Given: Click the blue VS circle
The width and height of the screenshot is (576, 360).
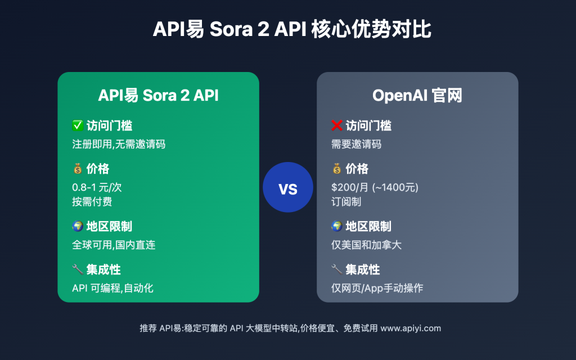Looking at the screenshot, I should pos(288,187).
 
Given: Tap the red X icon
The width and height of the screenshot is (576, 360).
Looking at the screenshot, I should pos(336,125).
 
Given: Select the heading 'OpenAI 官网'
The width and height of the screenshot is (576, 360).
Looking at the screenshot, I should pos(417,96).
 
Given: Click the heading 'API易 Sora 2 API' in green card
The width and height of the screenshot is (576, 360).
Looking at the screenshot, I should pos(158,96).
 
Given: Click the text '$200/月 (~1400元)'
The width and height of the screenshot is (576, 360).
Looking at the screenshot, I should pos(375,188).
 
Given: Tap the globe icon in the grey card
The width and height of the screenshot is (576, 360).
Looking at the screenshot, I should pos(336,227).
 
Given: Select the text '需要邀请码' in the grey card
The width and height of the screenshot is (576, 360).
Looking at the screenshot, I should pos(356,144).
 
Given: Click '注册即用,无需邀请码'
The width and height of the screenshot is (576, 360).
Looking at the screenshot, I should pos(119,144).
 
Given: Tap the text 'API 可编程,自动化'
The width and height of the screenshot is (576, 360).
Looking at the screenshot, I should pos(112,289).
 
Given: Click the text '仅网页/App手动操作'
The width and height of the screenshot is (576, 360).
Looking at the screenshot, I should pos(377,289).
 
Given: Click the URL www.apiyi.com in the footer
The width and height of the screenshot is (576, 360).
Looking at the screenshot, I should pos(411,328).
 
